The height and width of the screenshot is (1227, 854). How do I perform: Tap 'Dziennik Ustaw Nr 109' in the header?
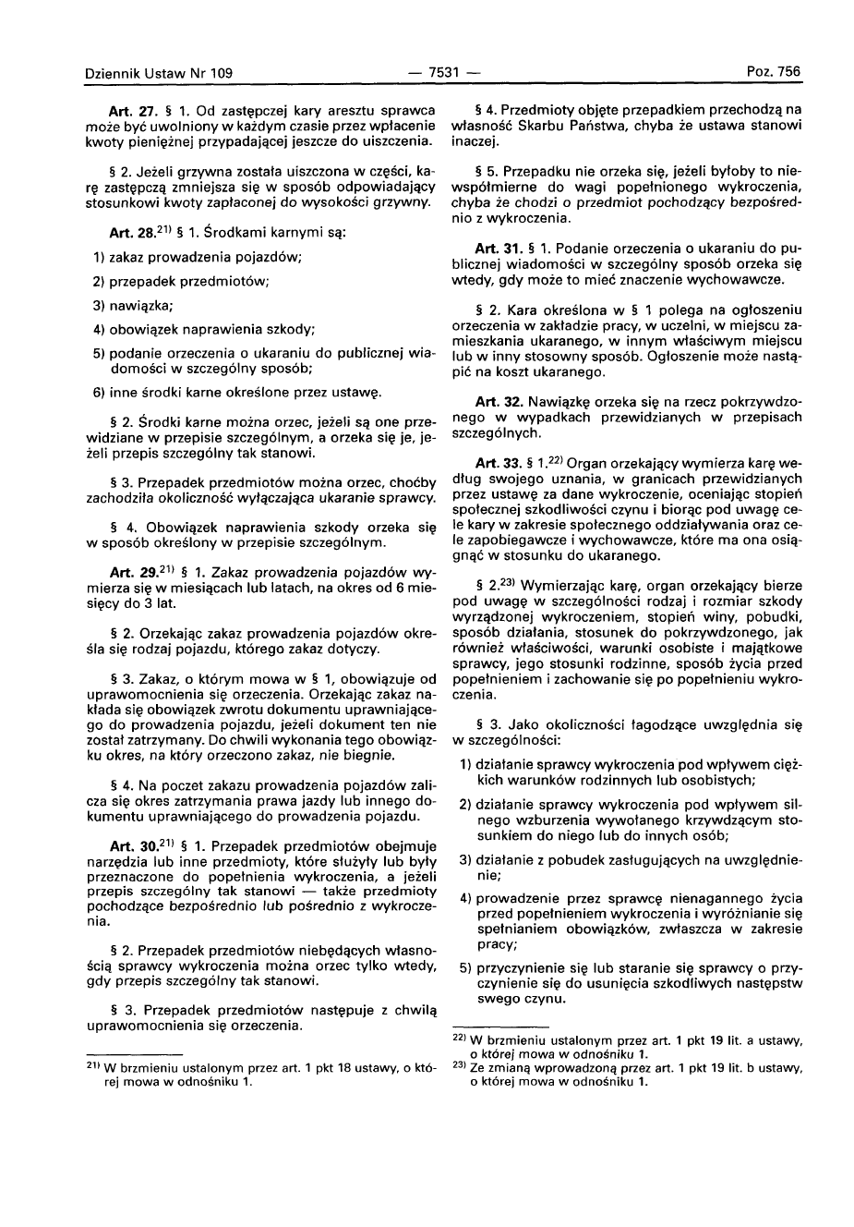(x=159, y=72)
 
